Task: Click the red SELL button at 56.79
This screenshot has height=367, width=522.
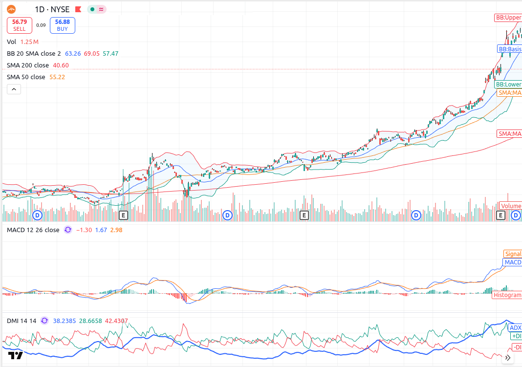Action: pyautogui.click(x=20, y=25)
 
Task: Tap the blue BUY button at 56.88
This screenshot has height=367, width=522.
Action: pyautogui.click(x=62, y=25)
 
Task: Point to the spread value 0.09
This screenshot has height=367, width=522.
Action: pyautogui.click(x=41, y=25)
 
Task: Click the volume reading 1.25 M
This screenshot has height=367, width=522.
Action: pyautogui.click(x=29, y=42)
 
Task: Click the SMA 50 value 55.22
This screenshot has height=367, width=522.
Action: pyautogui.click(x=57, y=77)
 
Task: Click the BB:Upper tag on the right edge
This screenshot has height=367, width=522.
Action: pyautogui.click(x=508, y=18)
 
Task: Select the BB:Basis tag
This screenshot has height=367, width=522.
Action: pyautogui.click(x=509, y=49)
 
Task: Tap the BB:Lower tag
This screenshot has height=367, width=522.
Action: pyautogui.click(x=509, y=85)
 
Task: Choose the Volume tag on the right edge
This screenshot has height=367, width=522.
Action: pyautogui.click(x=510, y=206)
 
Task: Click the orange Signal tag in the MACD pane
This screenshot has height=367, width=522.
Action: pyautogui.click(x=513, y=254)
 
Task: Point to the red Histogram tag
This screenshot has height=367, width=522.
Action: pyautogui.click(x=507, y=295)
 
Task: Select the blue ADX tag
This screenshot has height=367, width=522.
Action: pyautogui.click(x=515, y=328)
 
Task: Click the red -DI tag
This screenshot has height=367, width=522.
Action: pyautogui.click(x=516, y=347)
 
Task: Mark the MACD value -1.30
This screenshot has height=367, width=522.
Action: pyautogui.click(x=84, y=230)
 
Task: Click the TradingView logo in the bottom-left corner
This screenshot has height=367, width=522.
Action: pyautogui.click(x=16, y=355)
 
